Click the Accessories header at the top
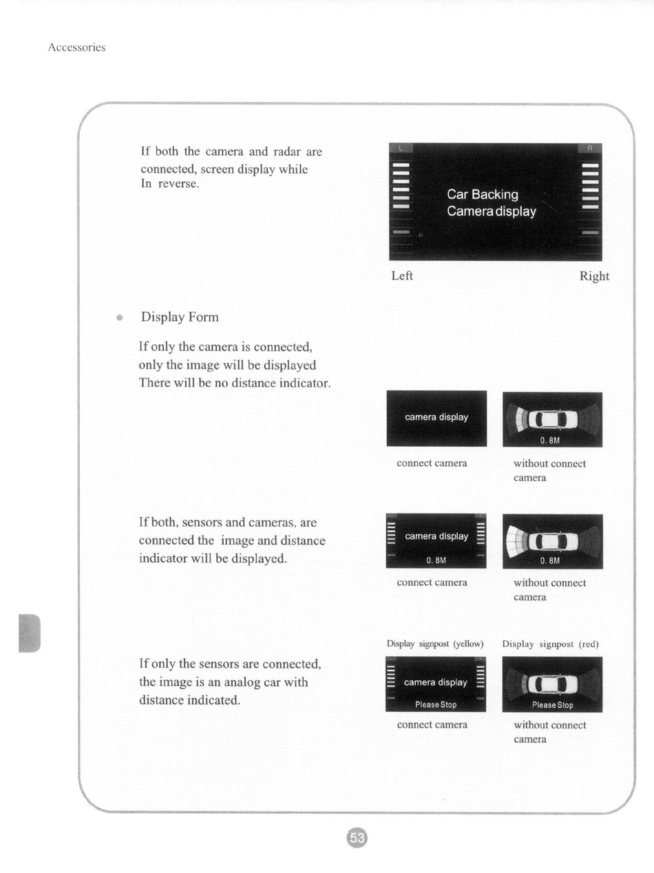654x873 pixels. point(76,48)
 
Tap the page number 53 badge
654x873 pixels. point(357,838)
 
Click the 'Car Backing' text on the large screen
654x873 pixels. point(483,194)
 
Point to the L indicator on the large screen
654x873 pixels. point(401,148)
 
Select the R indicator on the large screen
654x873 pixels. point(590,148)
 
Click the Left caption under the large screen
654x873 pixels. point(402,275)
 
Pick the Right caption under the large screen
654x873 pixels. point(594,276)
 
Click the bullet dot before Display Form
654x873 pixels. point(120,317)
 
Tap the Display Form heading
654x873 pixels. point(180,317)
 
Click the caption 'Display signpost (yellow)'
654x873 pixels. point(435,644)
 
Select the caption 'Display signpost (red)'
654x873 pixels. point(550,644)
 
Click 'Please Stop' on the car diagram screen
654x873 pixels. point(553,705)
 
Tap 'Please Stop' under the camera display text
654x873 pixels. point(436,705)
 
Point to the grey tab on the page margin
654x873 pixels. point(30,633)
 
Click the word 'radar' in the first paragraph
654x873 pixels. point(287,151)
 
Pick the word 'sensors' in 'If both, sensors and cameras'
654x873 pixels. point(201,522)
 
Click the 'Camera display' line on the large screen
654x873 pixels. point(492,211)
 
